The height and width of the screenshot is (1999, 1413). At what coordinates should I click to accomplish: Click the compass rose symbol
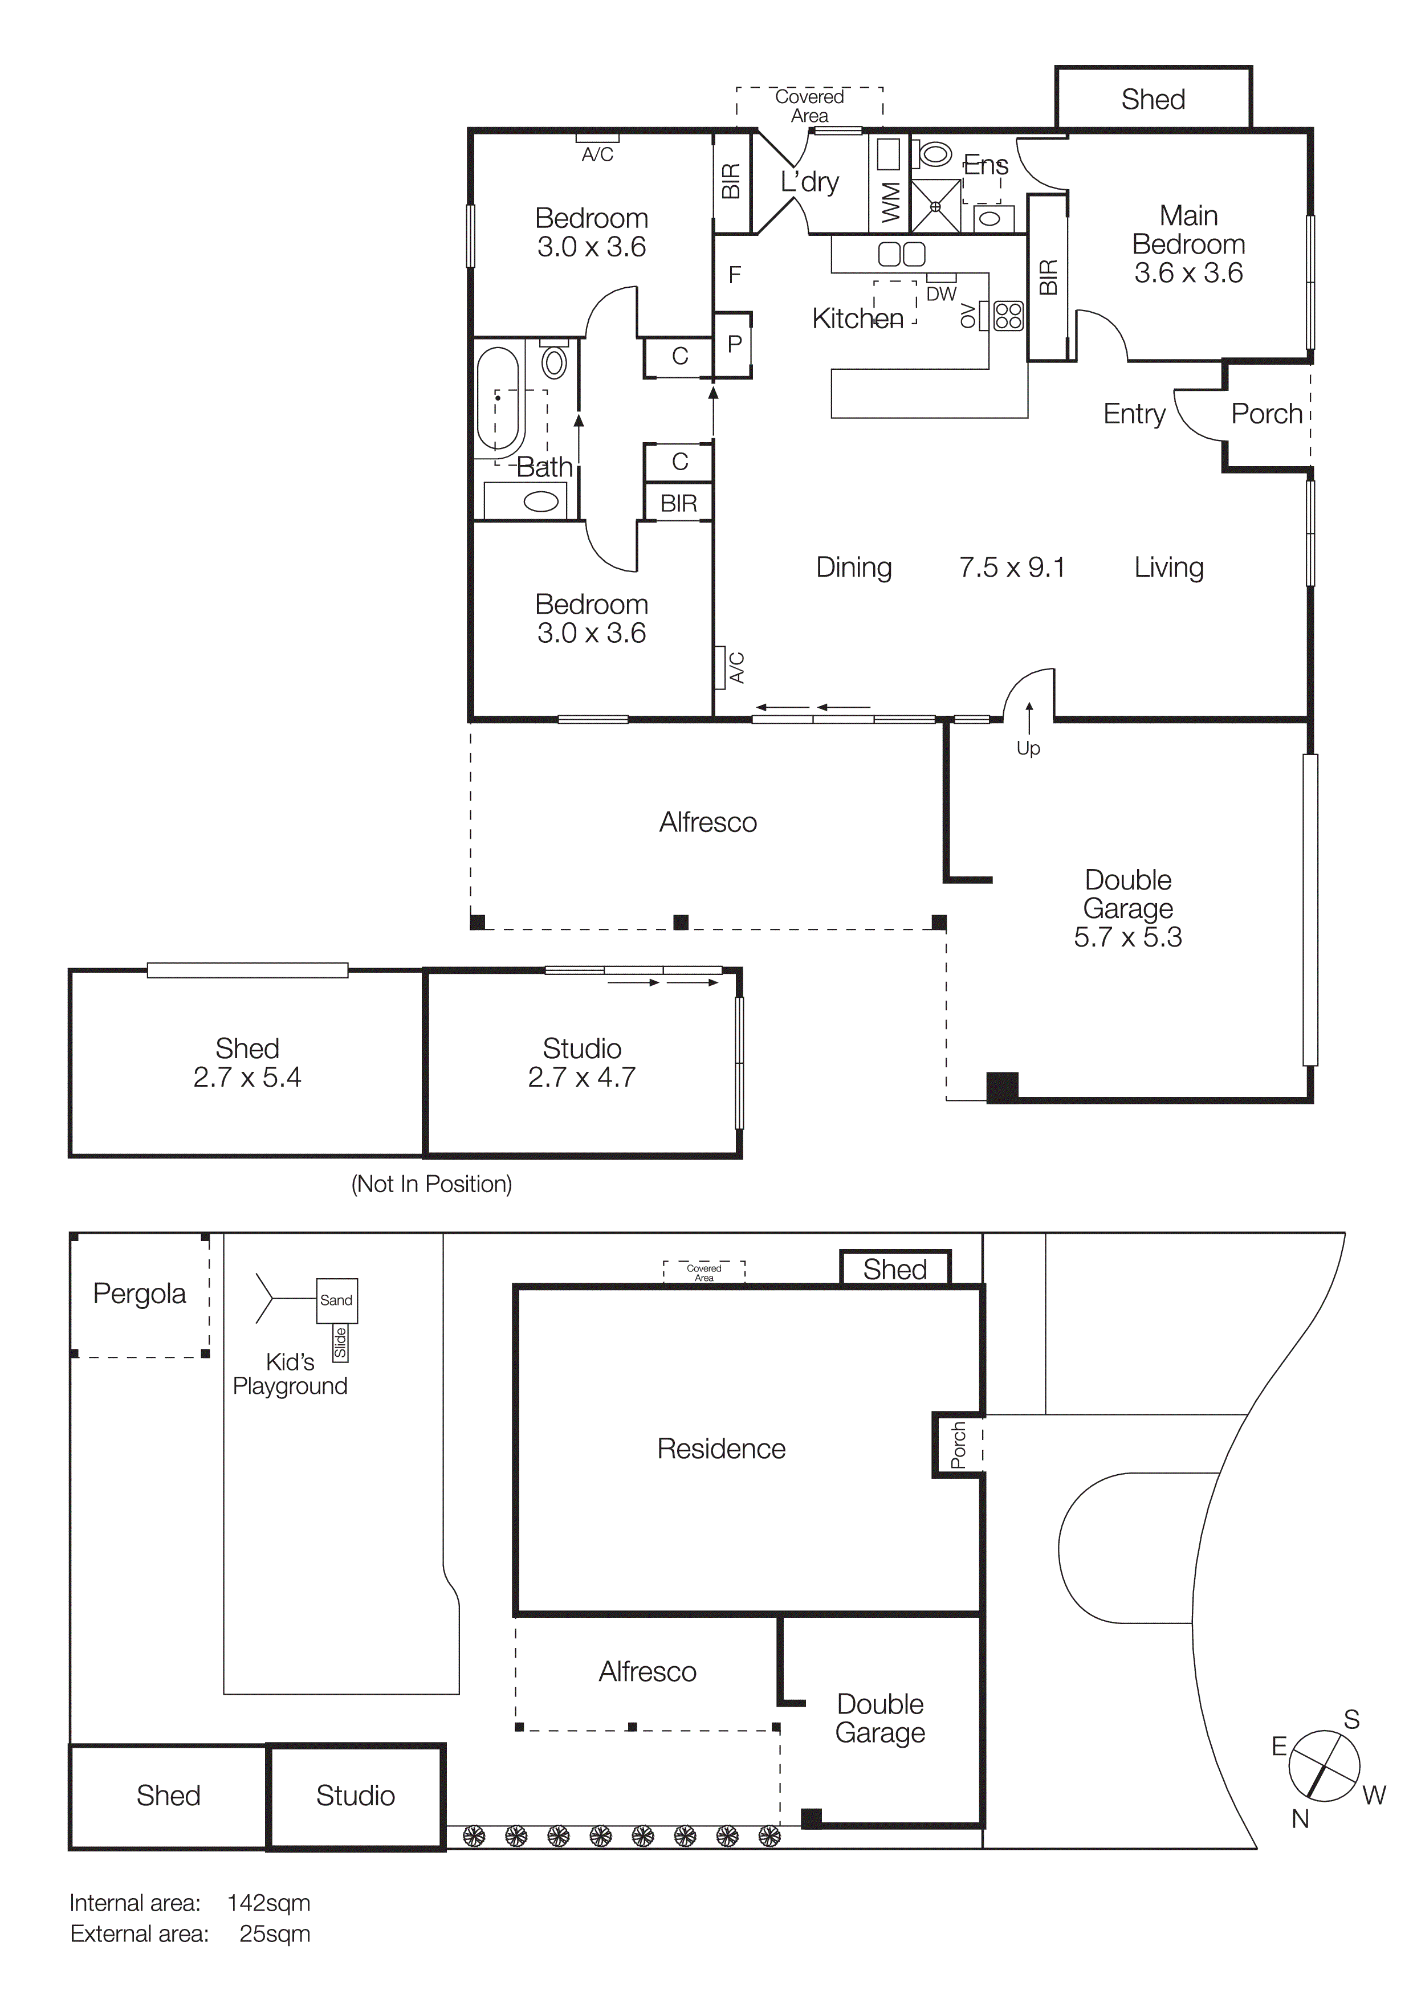[1324, 1767]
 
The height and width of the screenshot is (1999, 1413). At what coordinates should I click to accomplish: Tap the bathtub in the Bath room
[498, 399]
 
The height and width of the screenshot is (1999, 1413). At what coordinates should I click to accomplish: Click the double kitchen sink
[901, 254]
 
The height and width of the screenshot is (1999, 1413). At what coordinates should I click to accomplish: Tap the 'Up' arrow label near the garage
[1028, 748]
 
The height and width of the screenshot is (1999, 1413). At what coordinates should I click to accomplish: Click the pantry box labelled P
[734, 344]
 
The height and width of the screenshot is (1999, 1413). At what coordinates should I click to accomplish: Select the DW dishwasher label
[941, 294]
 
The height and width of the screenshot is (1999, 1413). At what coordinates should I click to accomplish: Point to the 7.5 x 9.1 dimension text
[1012, 568]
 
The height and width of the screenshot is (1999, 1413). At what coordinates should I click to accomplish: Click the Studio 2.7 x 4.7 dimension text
[581, 1077]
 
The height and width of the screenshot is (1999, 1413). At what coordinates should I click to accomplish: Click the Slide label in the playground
[340, 1344]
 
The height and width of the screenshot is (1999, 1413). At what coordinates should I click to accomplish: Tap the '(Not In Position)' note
[431, 1184]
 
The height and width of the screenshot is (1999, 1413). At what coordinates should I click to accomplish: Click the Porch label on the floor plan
[1266, 414]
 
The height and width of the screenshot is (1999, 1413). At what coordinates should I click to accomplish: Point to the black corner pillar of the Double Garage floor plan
[1002, 1087]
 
